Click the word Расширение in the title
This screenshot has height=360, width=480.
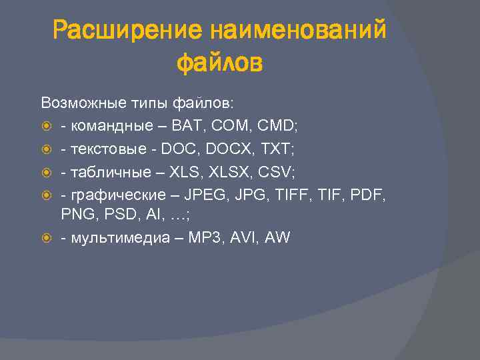127,31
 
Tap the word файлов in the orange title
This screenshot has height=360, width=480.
219,64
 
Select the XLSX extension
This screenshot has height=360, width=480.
227,172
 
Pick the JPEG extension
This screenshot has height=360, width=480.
203,195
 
